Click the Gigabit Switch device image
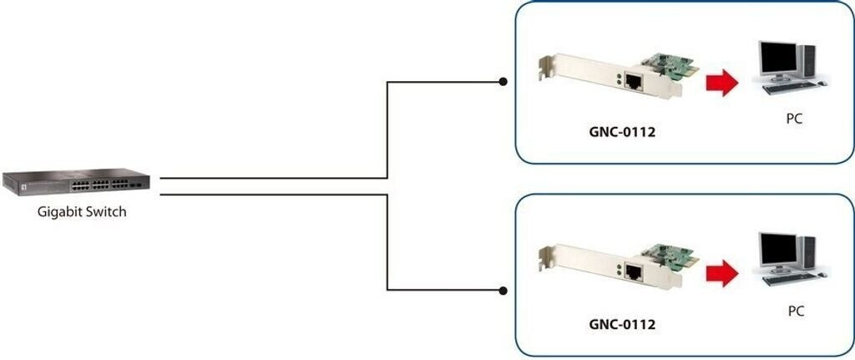point(76,182)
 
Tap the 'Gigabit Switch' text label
point(82,212)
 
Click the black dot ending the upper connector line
point(503,82)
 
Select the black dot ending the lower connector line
point(503,291)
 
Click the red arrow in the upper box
point(722,83)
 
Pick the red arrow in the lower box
point(722,272)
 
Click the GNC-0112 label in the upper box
point(622,131)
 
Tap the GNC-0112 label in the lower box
point(622,325)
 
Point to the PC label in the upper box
point(795,119)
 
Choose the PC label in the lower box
point(796,312)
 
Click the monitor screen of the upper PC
point(779,58)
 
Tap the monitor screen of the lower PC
point(779,248)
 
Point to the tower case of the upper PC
point(808,61)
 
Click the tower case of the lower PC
point(808,252)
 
